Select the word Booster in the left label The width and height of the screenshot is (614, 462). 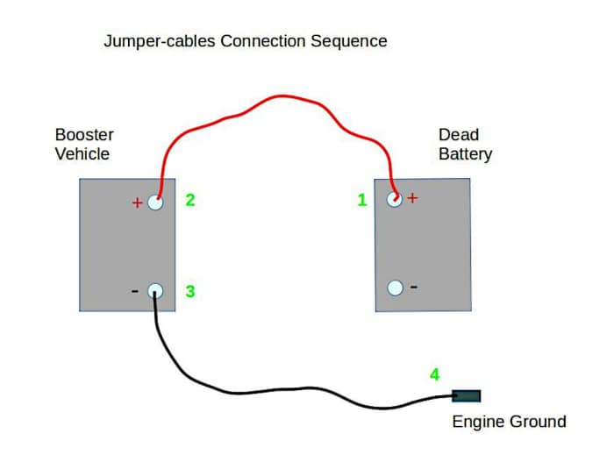[x=84, y=135]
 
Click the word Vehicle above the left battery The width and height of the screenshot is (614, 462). [x=82, y=154]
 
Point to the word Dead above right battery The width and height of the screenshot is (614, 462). [x=459, y=135]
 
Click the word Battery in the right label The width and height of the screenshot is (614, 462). [x=465, y=154]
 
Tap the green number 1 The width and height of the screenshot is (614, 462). [x=362, y=201]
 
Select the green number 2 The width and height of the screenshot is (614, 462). [x=189, y=200]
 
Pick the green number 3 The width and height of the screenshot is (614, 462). [x=189, y=291]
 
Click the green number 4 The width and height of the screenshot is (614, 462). [x=434, y=374]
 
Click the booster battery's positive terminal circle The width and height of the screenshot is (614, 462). [x=155, y=202]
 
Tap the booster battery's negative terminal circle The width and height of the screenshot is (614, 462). [x=155, y=291]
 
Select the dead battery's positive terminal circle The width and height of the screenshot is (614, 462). [x=395, y=199]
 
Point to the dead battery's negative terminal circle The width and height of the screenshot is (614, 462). [x=395, y=288]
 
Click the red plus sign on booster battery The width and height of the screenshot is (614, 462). [x=137, y=203]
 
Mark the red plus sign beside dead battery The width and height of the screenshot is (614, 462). [x=413, y=198]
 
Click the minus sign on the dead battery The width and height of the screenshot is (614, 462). [x=414, y=287]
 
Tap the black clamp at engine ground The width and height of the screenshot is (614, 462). [x=466, y=395]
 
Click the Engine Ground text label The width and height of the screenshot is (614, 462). [x=509, y=422]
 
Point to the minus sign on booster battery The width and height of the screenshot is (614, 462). [x=134, y=290]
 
